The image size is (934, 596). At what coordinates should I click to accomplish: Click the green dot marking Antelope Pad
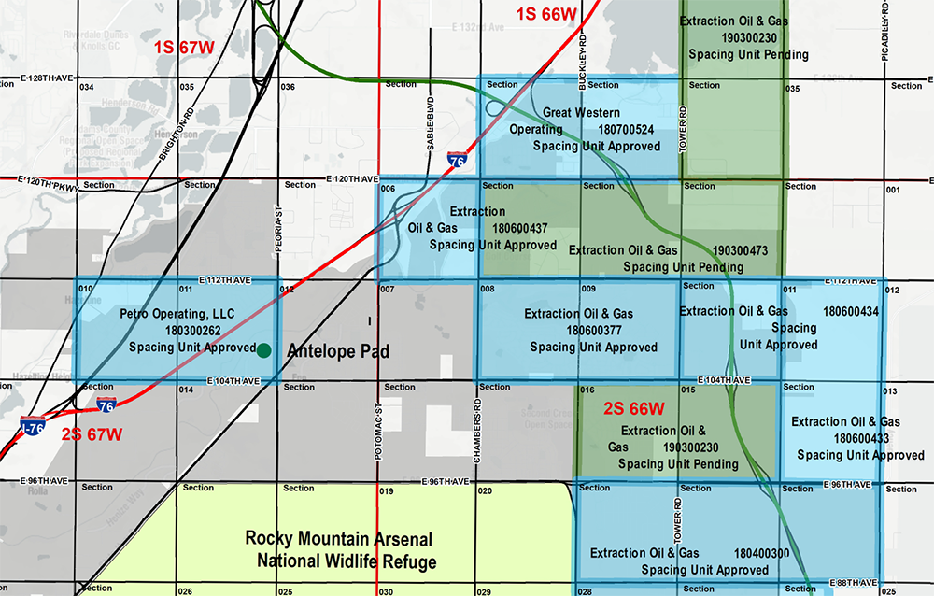click(x=264, y=349)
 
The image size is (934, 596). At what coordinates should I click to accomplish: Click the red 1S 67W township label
click(x=185, y=47)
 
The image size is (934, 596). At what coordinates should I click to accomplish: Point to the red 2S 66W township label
click(x=633, y=408)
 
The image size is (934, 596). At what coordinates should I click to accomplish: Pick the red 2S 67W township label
click(x=92, y=433)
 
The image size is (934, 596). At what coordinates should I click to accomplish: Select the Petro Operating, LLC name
click(x=177, y=314)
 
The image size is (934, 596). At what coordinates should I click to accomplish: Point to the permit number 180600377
click(x=593, y=330)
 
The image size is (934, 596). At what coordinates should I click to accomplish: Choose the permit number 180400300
click(x=761, y=553)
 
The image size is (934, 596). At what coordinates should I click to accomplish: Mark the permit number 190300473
click(x=739, y=250)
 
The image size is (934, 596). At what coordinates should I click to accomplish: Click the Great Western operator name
click(x=581, y=112)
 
